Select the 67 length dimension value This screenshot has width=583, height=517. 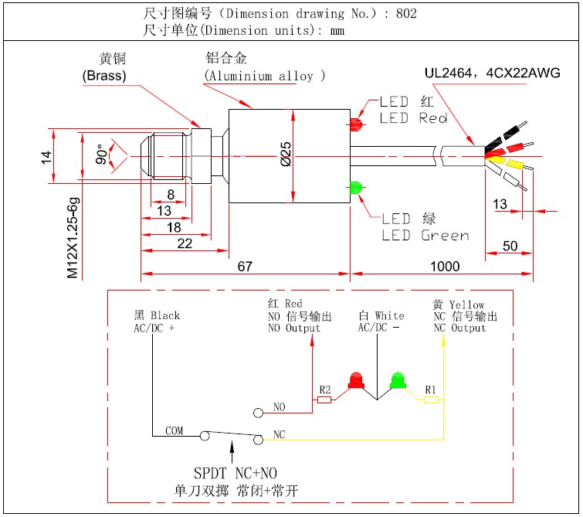coord(245,267)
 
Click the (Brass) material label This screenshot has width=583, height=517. coord(103,75)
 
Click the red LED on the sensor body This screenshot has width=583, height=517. coord(356,124)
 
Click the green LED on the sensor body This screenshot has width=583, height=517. coord(356,188)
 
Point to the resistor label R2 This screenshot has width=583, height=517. coord(324,389)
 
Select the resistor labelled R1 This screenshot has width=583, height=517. coord(431,400)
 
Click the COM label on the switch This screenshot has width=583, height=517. coord(175,430)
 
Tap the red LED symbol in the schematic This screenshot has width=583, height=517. coord(356,380)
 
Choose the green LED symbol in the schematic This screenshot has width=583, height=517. coord(398,380)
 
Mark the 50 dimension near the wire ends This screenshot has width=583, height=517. coord(510,246)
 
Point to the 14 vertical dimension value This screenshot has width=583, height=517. coord(46,157)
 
